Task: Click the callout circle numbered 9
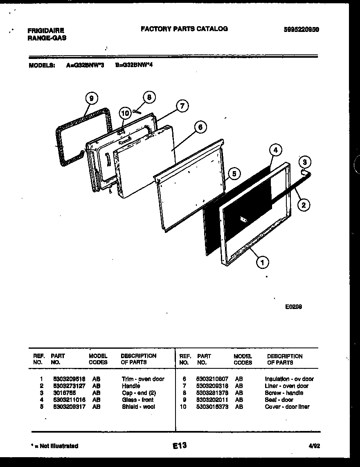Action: pyautogui.click(x=91, y=98)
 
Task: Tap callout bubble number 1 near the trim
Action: pyautogui.click(x=262, y=262)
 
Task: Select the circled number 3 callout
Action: pyautogui.click(x=303, y=161)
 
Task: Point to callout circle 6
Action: pyautogui.click(x=200, y=127)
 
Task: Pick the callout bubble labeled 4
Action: pyautogui.click(x=276, y=150)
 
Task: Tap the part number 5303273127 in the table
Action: pyautogui.click(x=69, y=386)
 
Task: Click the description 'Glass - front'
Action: pyautogui.click(x=137, y=400)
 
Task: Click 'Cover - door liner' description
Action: pyautogui.click(x=287, y=407)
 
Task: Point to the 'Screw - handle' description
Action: pyautogui.click(x=284, y=393)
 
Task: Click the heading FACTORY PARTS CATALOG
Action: pyautogui.click(x=184, y=29)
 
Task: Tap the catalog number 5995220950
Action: pyautogui.click(x=301, y=29)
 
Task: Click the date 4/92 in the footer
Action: pyautogui.click(x=314, y=446)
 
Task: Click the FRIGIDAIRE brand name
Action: pyautogui.click(x=45, y=31)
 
